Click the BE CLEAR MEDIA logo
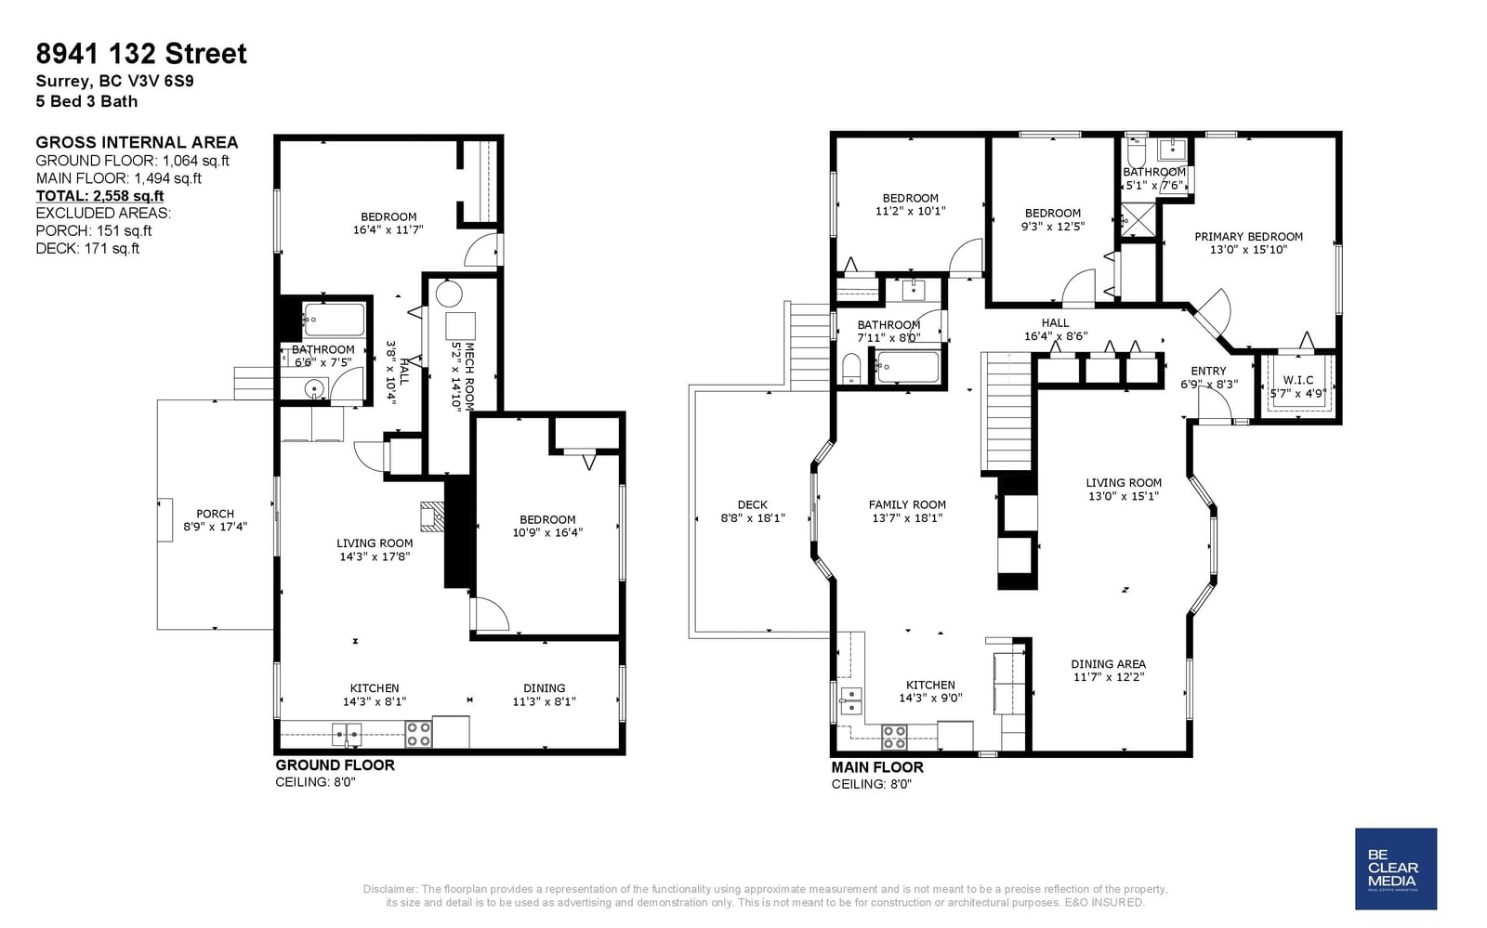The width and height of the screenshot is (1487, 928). click(x=1395, y=869)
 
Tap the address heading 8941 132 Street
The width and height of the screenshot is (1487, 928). click(x=141, y=54)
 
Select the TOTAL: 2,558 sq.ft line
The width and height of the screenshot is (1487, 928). click(x=99, y=196)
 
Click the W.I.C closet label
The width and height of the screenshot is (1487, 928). click(x=1297, y=380)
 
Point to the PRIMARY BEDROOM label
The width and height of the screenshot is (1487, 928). click(x=1249, y=237)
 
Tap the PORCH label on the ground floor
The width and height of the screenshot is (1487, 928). click(x=215, y=514)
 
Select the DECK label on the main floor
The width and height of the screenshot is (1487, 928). click(x=752, y=504)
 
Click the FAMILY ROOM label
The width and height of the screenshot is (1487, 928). click(x=907, y=504)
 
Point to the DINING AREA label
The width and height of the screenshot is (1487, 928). click(x=1108, y=664)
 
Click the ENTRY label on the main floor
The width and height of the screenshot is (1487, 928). click(x=1208, y=372)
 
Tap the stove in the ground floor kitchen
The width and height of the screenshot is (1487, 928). click(x=419, y=734)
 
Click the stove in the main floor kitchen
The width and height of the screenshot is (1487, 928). click(x=894, y=737)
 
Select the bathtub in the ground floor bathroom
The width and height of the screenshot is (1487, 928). click(x=334, y=320)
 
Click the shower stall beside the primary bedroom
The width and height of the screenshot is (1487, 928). click(x=1138, y=219)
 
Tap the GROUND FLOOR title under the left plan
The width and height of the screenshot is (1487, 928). click(x=335, y=765)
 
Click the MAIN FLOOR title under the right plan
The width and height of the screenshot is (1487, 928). click(x=877, y=767)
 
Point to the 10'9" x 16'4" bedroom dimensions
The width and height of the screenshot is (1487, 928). click(x=547, y=532)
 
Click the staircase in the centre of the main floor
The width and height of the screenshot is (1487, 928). click(x=1007, y=412)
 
